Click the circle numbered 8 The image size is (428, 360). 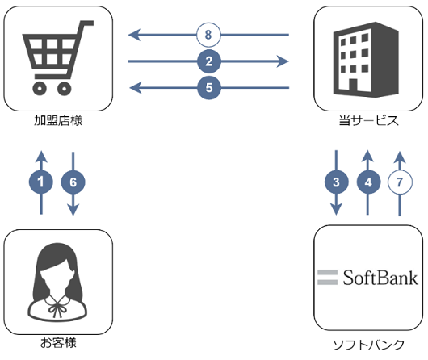click(208, 35)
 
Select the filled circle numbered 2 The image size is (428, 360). click(209, 61)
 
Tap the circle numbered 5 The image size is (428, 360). click(209, 88)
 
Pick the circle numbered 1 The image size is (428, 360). click(41, 182)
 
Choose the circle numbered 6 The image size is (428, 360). click(73, 182)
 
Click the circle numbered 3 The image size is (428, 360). click(336, 182)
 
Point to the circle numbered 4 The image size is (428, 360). click(368, 182)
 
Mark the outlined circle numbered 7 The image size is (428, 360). click(400, 182)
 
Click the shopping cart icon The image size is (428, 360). click(58, 58)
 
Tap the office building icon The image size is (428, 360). click(366, 60)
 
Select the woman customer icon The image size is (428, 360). click(57, 282)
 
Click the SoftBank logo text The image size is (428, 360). click(380, 278)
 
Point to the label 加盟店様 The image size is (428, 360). click(58, 120)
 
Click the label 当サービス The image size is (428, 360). click(368, 120)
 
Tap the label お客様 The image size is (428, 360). click(58, 343)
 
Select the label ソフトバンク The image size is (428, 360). click(368, 345)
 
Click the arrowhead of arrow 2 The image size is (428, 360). click(283, 61)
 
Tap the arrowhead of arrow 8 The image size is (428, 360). click(134, 35)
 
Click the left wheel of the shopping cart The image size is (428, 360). click(40, 89)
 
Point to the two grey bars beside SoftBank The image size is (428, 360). click(328, 278)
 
